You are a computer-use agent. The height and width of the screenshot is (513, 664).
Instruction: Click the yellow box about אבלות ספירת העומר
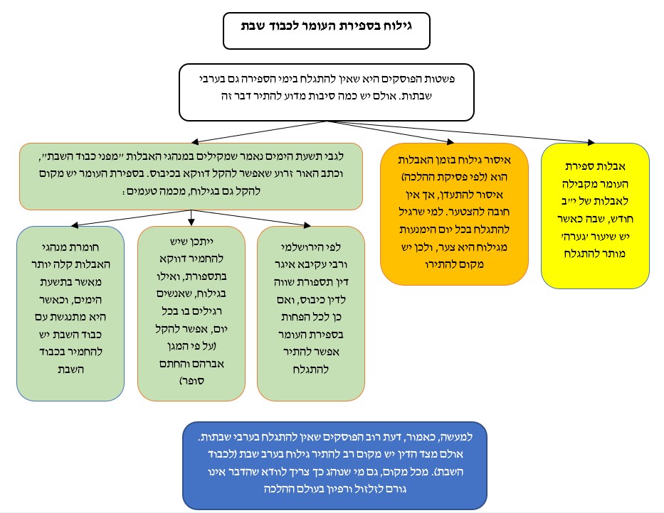click(595, 215)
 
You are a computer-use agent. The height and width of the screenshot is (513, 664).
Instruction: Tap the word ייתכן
click(203, 244)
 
